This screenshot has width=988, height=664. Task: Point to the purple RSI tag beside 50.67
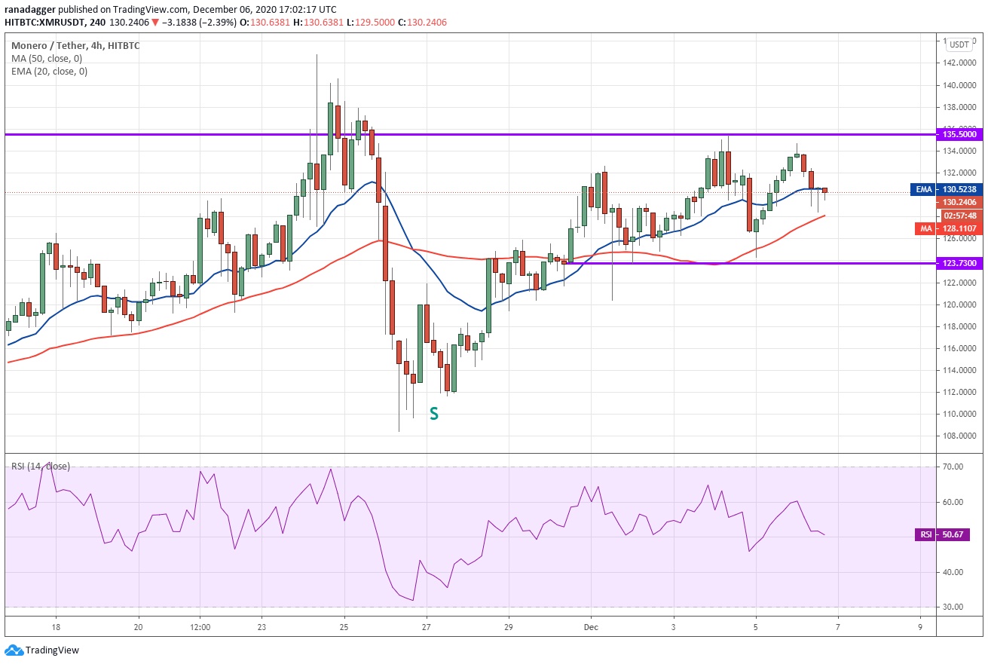pos(925,534)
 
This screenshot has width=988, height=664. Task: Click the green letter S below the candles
pos(434,413)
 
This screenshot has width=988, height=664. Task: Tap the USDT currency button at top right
pos(959,44)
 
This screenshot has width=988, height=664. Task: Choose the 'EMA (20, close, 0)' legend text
pos(49,72)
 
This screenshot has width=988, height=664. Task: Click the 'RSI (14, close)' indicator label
pos(41,467)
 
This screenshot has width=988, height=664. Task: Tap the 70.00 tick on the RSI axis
pos(953,467)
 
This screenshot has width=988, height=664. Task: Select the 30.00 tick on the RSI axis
pos(953,607)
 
